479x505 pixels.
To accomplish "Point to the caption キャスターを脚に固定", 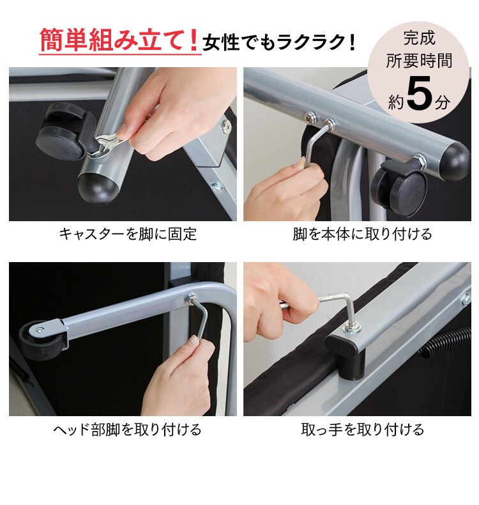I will coord(128,234).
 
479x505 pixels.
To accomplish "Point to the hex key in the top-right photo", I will coord(313,146).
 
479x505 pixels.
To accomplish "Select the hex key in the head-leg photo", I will coord(201,320).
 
